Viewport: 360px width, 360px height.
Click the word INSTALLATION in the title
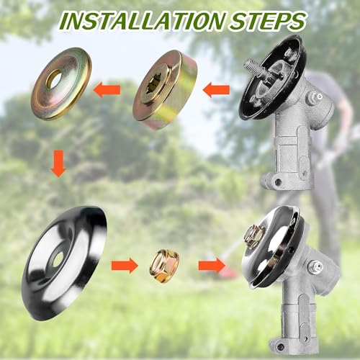click(143, 21)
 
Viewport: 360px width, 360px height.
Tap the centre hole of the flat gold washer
click(54, 79)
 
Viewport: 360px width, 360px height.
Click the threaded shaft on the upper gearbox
click(255, 66)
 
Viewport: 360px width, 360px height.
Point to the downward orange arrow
click(58, 163)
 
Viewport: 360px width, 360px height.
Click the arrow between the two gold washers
click(107, 90)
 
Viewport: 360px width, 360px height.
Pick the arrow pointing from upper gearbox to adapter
click(216, 90)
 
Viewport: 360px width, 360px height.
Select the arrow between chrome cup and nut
click(125, 266)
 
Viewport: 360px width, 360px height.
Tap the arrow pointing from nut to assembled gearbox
click(212, 266)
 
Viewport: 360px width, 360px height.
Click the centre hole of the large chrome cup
click(58, 259)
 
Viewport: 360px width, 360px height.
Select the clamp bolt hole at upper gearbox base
click(278, 181)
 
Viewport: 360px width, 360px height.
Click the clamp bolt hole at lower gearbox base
click(280, 346)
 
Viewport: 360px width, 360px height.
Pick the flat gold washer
click(61, 84)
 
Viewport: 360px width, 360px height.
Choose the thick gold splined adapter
click(166, 90)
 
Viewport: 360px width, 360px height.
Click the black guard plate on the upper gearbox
click(272, 77)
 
